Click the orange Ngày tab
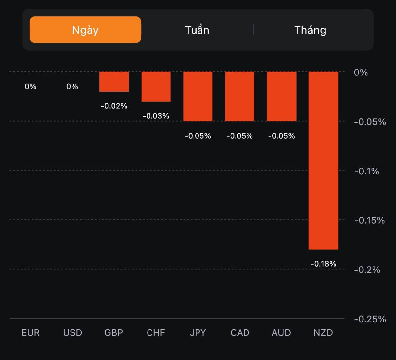pyautogui.click(x=85, y=30)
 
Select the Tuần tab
pyautogui.click(x=197, y=30)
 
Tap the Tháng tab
pyautogui.click(x=310, y=30)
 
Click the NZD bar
pyautogui.click(x=323, y=160)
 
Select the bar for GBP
pyautogui.click(x=114, y=82)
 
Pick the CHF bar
pyautogui.click(x=156, y=86)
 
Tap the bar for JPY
pyautogui.click(x=198, y=96)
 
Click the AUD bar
pyautogui.click(x=281, y=96)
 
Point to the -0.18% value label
pyautogui.click(x=323, y=264)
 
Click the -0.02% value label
pyautogui.click(x=114, y=106)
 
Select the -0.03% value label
pyautogui.click(x=156, y=116)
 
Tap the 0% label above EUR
pyautogui.click(x=30, y=86)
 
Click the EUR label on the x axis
pyautogui.click(x=30, y=332)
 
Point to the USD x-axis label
pyautogui.click(x=72, y=332)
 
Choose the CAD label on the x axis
pyautogui.click(x=240, y=332)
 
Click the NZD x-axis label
pyautogui.click(x=323, y=332)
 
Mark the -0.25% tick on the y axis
pyautogui.click(x=370, y=319)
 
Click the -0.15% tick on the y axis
pyautogui.click(x=370, y=220)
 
